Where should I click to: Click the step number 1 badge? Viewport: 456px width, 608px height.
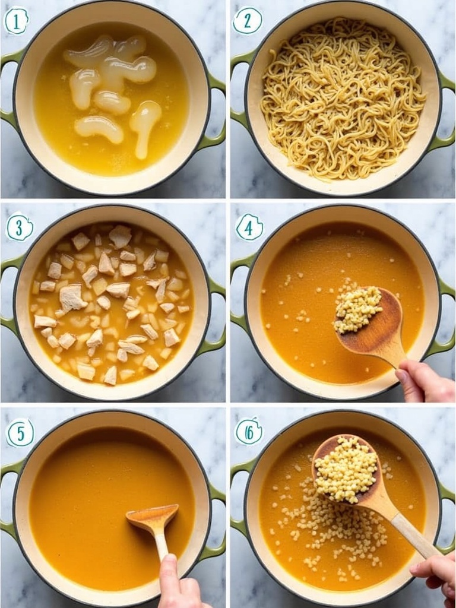(x=16, y=21)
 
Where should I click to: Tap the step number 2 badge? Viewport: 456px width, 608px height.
(x=247, y=21)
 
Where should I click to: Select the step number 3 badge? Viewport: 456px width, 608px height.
(x=20, y=227)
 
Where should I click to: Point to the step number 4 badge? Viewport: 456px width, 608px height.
(x=249, y=227)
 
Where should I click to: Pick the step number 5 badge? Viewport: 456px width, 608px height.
(x=20, y=433)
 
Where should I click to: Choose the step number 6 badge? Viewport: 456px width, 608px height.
(x=249, y=431)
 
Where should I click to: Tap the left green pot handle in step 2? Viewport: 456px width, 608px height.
(x=240, y=93)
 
